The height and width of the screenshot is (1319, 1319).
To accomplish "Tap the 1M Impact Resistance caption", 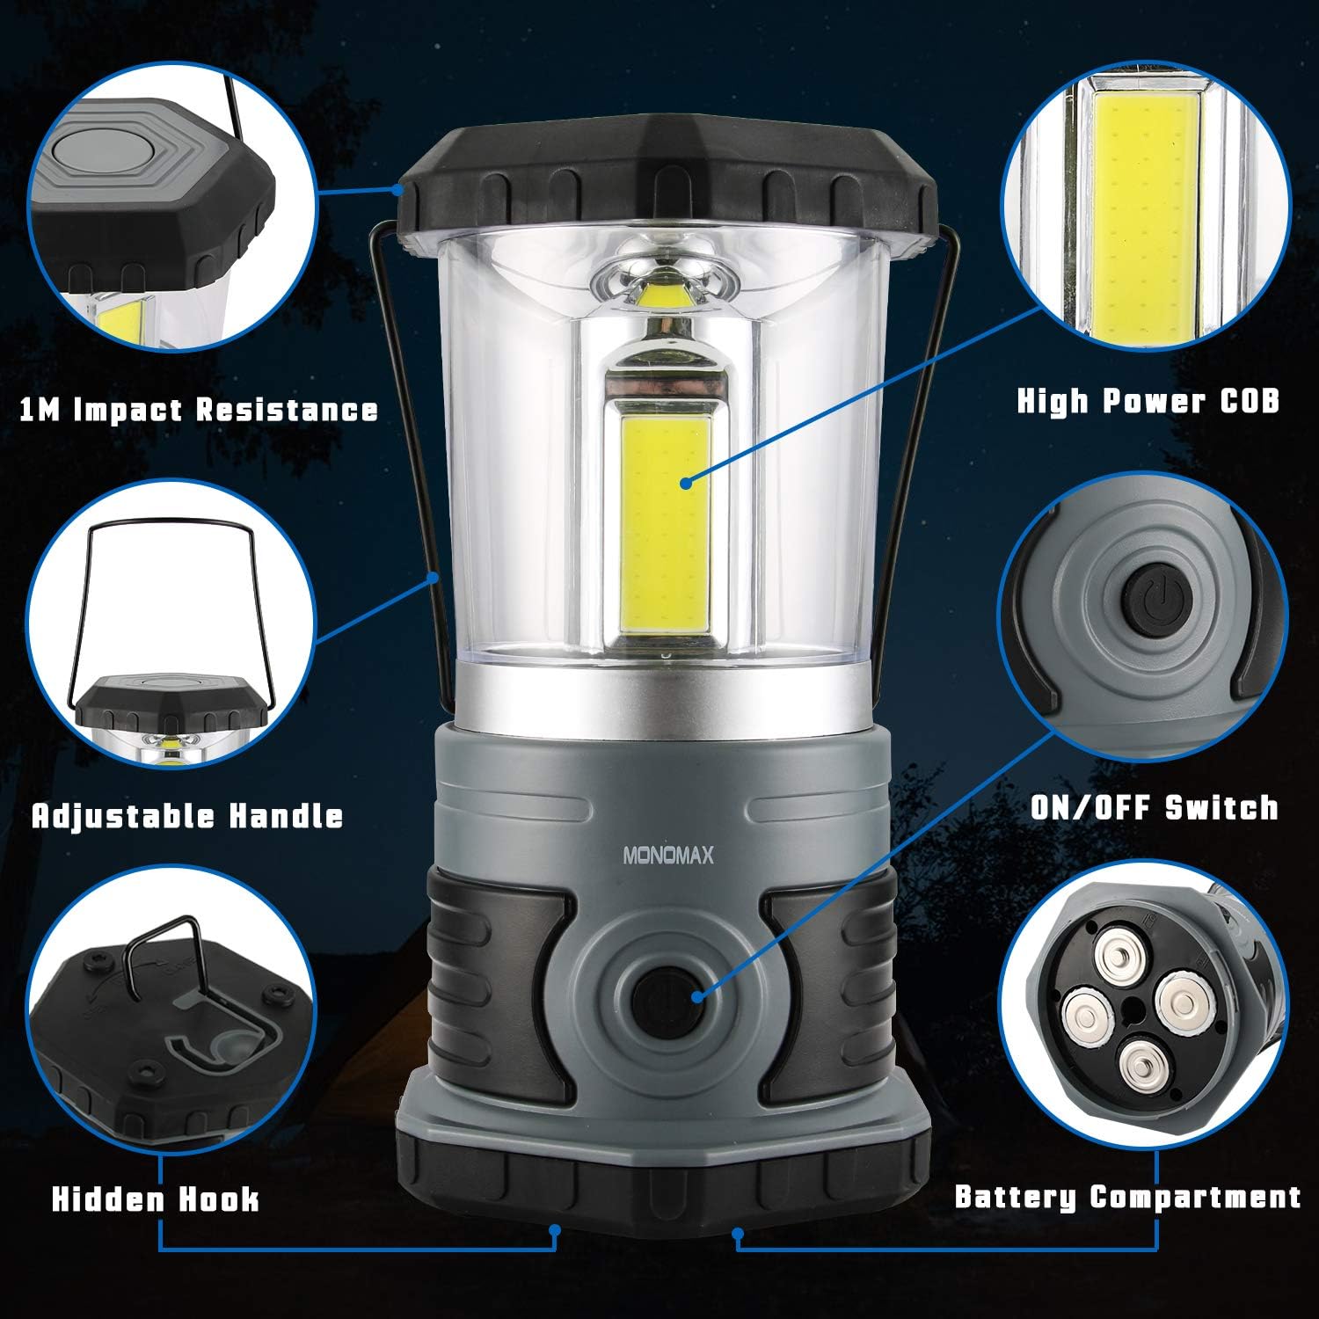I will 199,410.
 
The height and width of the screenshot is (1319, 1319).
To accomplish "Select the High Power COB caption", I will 1148,402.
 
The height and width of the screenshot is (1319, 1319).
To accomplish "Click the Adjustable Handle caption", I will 187,816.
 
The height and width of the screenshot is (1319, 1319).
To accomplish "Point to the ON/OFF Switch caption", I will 1155,807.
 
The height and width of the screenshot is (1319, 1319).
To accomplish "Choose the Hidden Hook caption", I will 156,1199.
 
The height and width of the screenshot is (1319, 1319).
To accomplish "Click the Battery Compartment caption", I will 1127,1197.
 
